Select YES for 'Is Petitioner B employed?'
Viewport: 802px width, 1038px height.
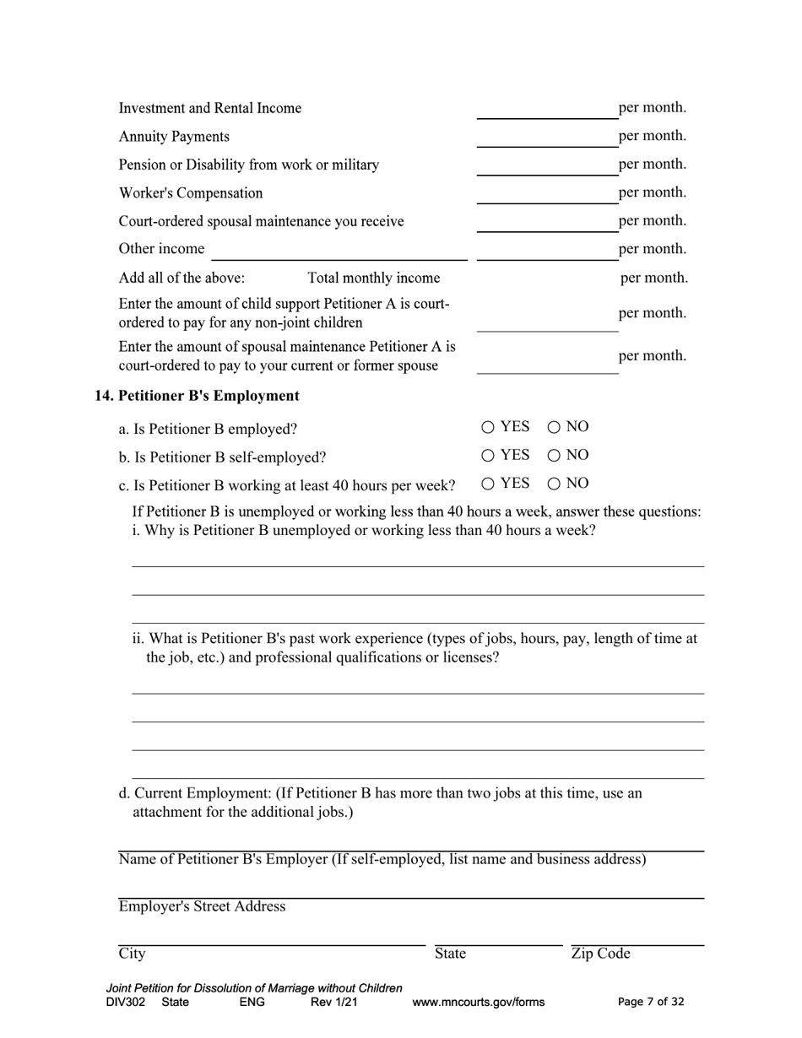[x=488, y=428]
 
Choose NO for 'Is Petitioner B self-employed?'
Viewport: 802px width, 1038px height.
[x=554, y=456]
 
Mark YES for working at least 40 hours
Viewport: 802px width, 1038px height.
[x=488, y=484]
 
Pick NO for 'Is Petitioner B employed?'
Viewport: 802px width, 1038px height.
[x=554, y=428]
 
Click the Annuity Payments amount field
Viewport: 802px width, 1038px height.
[x=546, y=138]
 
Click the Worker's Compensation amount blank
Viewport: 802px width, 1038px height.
[x=546, y=194]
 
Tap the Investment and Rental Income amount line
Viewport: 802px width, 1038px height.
[x=546, y=110]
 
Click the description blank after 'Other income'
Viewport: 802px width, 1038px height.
[x=339, y=251]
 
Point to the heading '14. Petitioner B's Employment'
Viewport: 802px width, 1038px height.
[x=197, y=396]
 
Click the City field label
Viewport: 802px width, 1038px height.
[x=132, y=954]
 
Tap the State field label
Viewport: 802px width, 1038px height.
[x=450, y=954]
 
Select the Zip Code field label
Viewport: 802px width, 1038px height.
[x=600, y=954]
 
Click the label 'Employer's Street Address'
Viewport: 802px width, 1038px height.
[x=202, y=906]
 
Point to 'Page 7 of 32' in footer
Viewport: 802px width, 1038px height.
[x=651, y=1003]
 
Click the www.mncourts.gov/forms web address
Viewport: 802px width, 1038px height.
[x=478, y=1003]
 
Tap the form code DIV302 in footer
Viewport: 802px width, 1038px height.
[x=126, y=1003]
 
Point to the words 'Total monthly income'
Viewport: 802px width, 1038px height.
[x=373, y=278]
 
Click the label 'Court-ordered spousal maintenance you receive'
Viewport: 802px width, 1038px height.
[x=261, y=221]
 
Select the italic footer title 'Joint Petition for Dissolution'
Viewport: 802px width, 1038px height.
[x=254, y=988]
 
